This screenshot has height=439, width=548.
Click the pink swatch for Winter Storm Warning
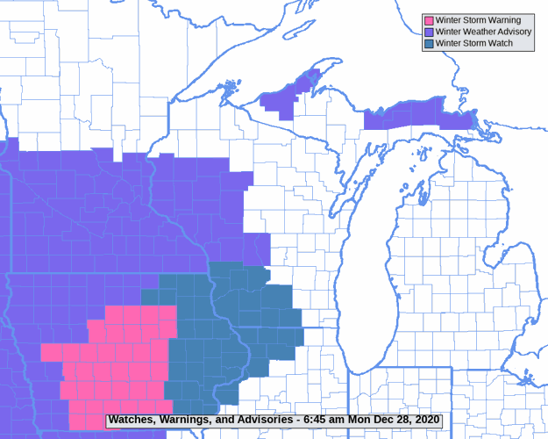(x=429, y=20)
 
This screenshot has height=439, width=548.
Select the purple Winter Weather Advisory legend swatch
(x=429, y=32)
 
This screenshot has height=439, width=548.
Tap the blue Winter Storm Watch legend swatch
(x=429, y=43)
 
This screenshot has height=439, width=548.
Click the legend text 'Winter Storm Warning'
(x=478, y=20)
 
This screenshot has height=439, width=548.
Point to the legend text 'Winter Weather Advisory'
(x=484, y=32)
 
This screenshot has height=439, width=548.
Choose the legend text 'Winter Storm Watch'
(x=474, y=43)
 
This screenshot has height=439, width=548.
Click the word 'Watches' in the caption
(x=132, y=420)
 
